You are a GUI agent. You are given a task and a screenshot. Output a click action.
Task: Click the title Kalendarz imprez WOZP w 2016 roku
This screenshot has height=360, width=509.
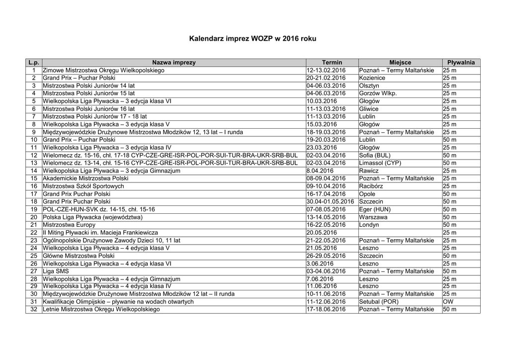pos(253,38)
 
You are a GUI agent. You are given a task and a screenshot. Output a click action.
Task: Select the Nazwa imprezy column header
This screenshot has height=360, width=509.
pos(174,63)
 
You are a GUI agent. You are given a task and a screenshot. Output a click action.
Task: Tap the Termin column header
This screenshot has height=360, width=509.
pos(332,63)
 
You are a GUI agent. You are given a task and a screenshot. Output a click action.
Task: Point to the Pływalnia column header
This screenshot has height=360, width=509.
pos(461,63)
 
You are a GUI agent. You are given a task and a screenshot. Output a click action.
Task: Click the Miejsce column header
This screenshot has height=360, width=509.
pos(400,63)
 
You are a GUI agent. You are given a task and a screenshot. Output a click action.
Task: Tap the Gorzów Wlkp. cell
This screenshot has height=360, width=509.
pos(378,93)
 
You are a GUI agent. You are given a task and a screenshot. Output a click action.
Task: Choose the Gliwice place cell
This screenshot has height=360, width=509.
pos(369,109)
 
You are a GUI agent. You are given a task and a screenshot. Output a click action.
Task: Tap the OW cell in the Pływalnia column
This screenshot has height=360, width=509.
pos(448,302)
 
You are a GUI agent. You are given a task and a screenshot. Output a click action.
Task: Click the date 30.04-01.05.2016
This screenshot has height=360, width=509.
pos(330,201)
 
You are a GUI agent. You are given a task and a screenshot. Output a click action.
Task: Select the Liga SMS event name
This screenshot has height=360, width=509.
pos(56,271)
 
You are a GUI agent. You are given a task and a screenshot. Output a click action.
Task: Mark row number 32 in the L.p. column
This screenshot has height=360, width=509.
pos(34,309)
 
